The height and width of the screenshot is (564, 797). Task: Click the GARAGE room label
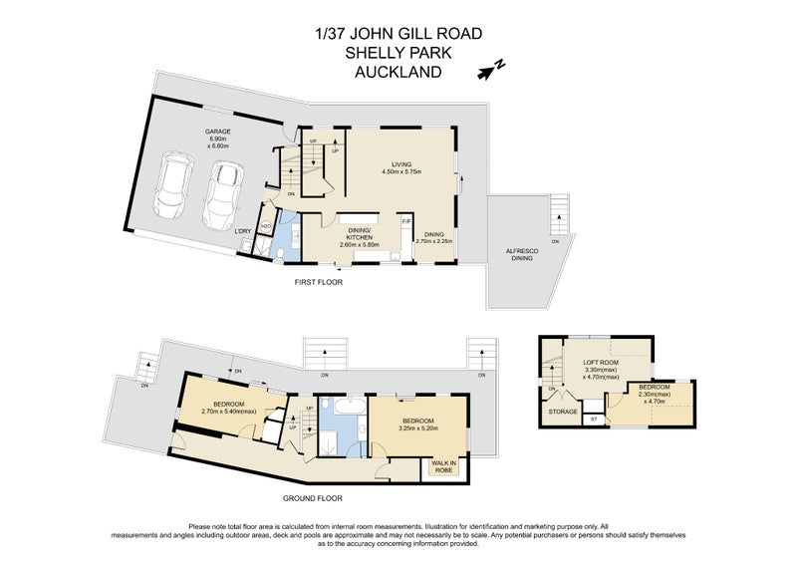coord(219,132)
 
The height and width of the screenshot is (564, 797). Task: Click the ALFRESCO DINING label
coord(517,251)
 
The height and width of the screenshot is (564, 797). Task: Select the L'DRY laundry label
coord(242,232)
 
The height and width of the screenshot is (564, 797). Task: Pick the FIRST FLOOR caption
coord(318,282)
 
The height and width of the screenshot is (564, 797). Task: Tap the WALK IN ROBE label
coord(443,466)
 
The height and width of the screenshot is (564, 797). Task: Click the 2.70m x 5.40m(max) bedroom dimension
coord(229,410)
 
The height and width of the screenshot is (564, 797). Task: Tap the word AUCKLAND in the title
coord(398,72)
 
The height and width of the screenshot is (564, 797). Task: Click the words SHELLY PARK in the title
coord(398,53)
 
